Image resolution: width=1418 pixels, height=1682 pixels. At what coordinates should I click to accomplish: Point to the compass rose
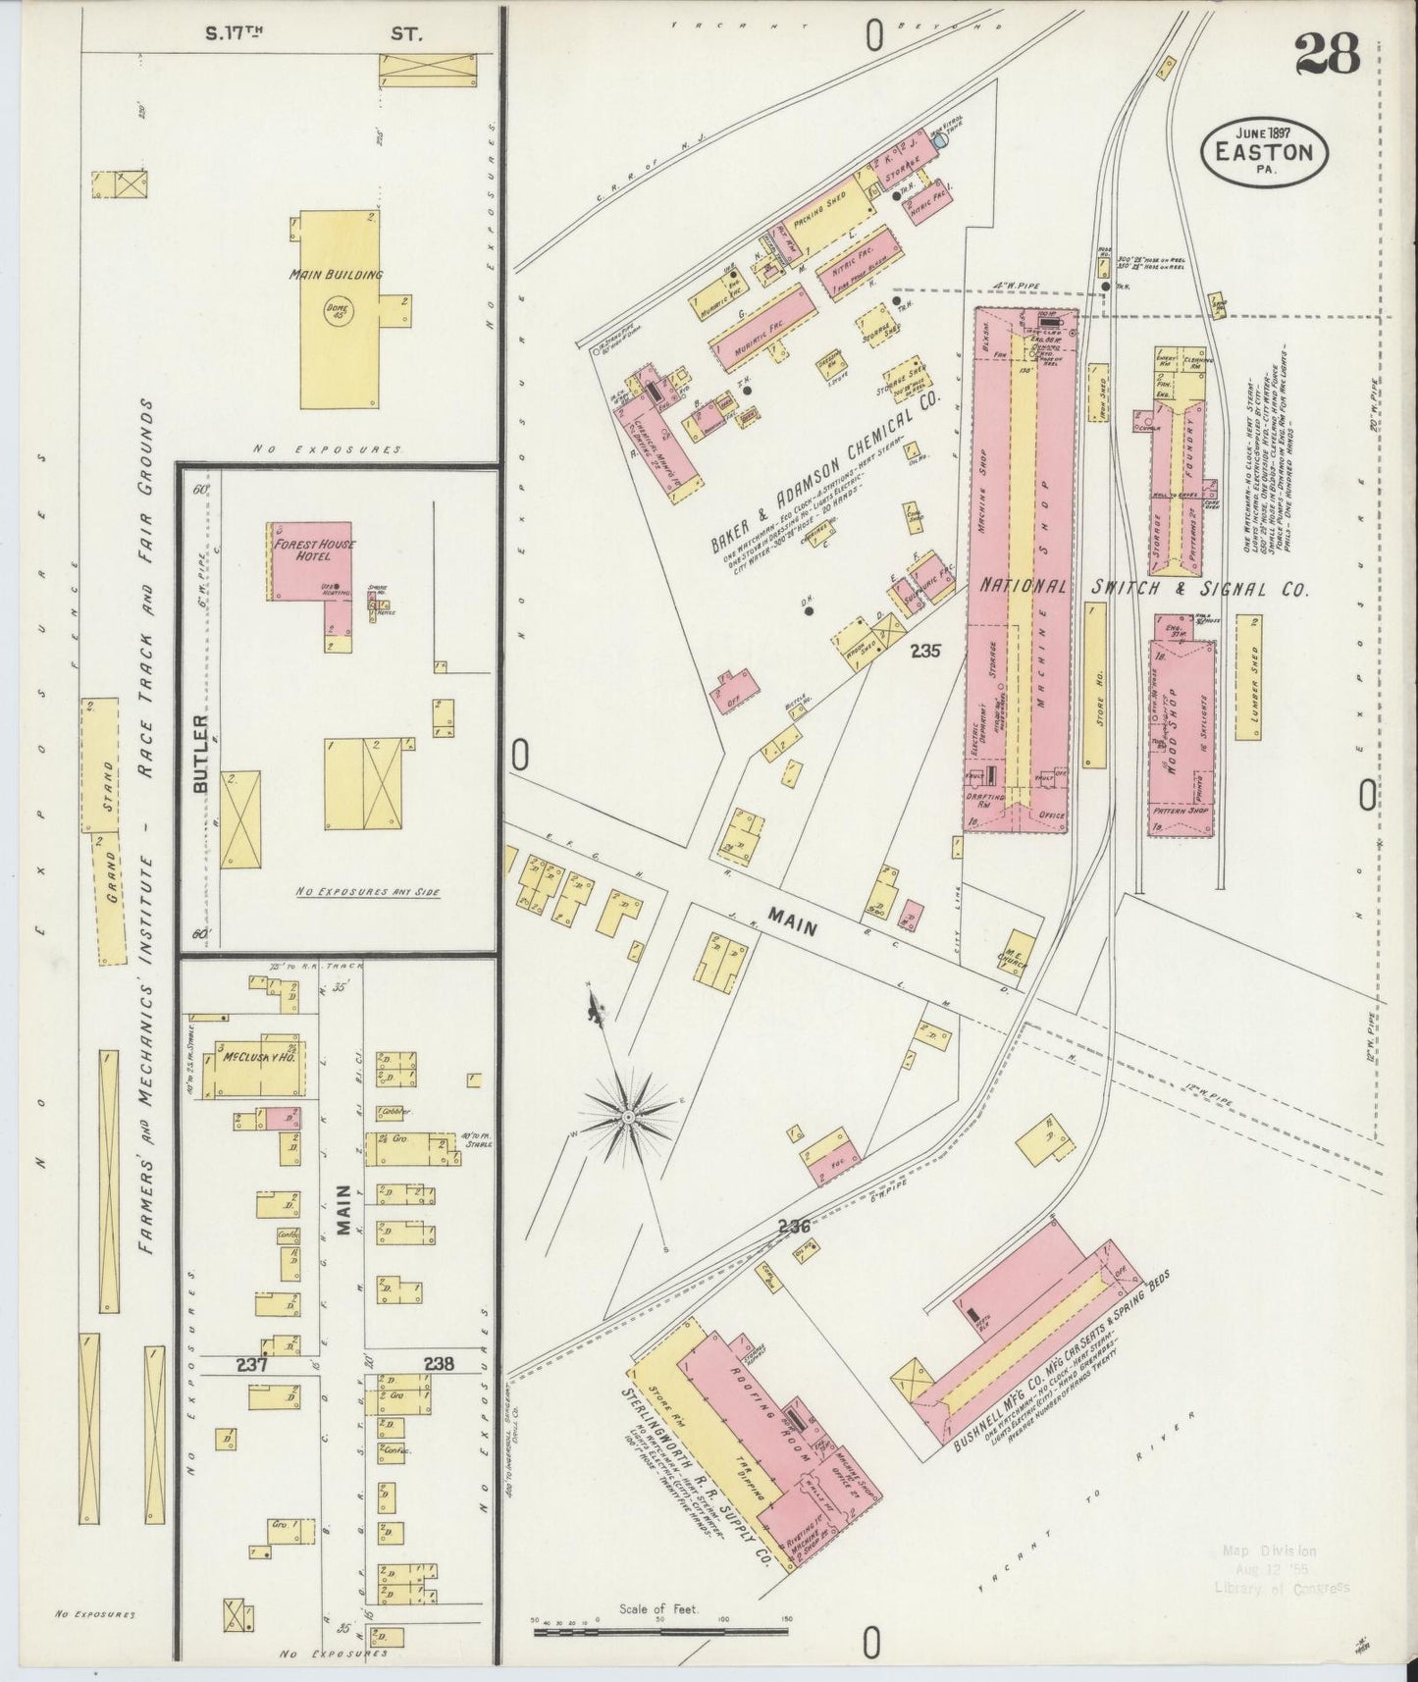click(x=626, y=1116)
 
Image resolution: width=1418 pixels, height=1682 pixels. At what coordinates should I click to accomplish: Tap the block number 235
click(x=924, y=650)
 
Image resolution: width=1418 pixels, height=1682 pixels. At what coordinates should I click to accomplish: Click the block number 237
click(x=251, y=1363)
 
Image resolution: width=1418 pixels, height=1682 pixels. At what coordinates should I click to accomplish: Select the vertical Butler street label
click(x=200, y=753)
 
